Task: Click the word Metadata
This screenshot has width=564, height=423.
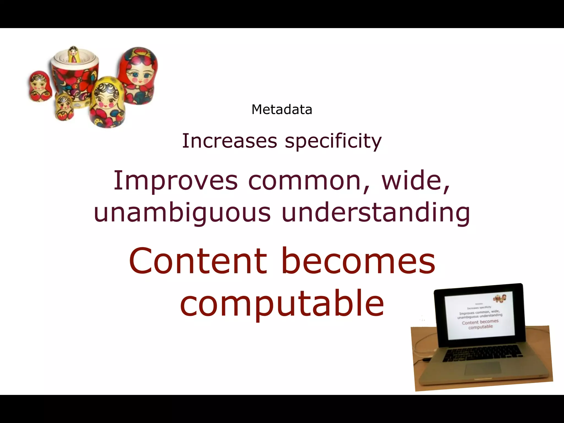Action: point(282,110)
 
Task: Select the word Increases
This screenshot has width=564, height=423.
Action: point(229,141)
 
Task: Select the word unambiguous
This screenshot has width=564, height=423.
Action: point(182,213)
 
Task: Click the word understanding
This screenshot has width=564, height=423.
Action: point(376,212)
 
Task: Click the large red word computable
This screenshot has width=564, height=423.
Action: point(282,303)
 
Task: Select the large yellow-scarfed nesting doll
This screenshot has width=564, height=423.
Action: point(107,102)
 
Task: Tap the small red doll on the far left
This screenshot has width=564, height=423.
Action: point(40,86)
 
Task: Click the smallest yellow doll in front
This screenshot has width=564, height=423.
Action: point(64,107)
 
